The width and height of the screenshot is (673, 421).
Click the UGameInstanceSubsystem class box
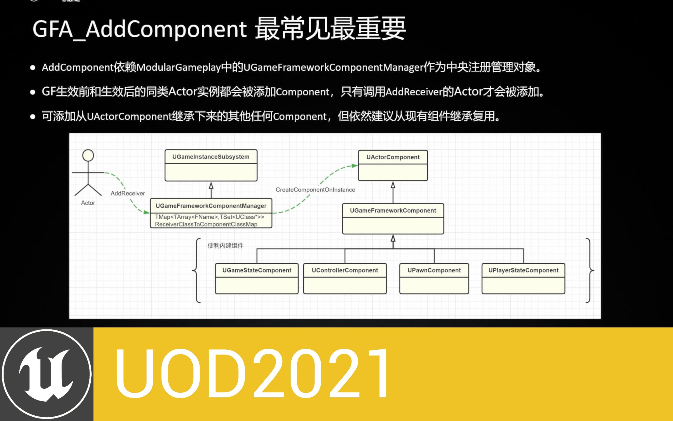click(x=211, y=165)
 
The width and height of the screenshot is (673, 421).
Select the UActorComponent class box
click(x=393, y=165)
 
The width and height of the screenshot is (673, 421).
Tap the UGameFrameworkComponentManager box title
click(x=211, y=206)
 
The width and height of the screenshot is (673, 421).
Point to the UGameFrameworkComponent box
click(x=393, y=219)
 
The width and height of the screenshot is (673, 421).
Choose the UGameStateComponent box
click(x=257, y=278)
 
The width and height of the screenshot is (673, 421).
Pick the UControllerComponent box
click(x=345, y=278)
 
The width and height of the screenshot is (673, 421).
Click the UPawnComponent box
click(x=434, y=278)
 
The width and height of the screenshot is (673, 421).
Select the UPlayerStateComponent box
click(x=523, y=278)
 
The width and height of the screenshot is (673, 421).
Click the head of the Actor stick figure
click(x=88, y=155)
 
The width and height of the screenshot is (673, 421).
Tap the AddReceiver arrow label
click(x=128, y=193)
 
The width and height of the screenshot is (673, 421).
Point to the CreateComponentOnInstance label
click(x=315, y=190)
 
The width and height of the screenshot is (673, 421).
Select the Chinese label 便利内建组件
click(x=226, y=246)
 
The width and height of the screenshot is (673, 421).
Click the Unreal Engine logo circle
click(x=47, y=374)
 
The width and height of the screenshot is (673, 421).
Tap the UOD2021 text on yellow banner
click(x=252, y=374)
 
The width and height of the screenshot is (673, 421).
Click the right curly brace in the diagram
click(x=589, y=270)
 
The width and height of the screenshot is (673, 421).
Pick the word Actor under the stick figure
click(x=88, y=203)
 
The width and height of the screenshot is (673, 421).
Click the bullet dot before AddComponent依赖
click(x=33, y=68)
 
